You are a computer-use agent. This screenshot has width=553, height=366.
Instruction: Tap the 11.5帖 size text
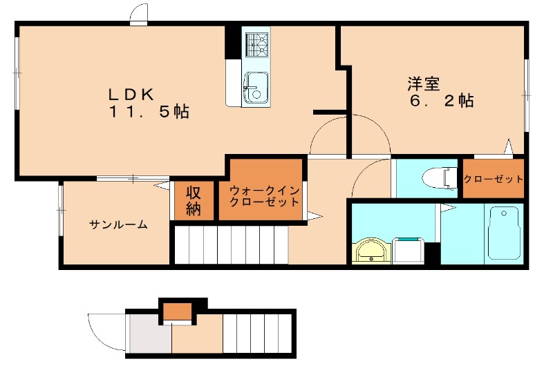(x=148, y=111)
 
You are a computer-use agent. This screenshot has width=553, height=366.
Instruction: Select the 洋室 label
(x=423, y=84)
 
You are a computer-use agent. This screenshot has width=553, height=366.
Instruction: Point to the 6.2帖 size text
(x=442, y=102)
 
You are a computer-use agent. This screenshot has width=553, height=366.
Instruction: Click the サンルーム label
(x=118, y=224)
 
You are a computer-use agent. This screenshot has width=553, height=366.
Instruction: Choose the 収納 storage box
(x=193, y=200)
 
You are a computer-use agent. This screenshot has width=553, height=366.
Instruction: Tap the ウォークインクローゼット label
(x=264, y=196)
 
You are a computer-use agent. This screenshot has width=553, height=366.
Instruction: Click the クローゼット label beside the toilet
(x=494, y=179)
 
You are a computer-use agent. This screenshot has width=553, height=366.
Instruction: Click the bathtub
(x=503, y=233)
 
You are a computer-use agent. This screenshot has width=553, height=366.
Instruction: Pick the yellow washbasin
(x=373, y=251)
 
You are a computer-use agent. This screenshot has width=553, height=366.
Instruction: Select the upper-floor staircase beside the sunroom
(x=229, y=244)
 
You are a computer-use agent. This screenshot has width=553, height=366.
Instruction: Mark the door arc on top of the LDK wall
(x=138, y=14)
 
